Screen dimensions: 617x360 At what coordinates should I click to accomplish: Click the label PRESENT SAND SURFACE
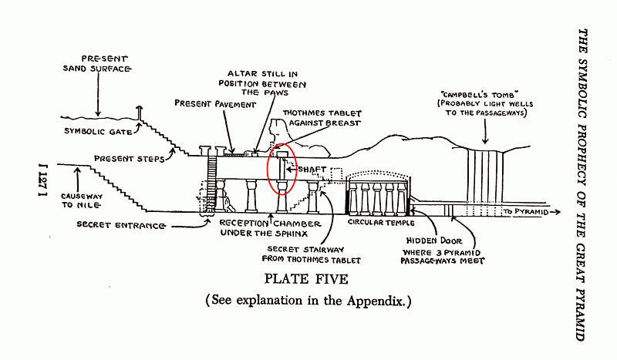click(x=97, y=64)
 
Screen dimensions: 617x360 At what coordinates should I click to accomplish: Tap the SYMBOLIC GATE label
click(x=98, y=131)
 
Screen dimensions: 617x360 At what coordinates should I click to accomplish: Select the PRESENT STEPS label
click(x=129, y=159)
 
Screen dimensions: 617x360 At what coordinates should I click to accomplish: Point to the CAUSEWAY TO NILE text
click(x=82, y=200)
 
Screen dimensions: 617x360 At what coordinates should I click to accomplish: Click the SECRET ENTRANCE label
click(x=120, y=225)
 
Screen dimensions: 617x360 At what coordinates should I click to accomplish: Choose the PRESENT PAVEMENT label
click(x=215, y=104)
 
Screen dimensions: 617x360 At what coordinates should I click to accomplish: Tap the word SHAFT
click(x=312, y=169)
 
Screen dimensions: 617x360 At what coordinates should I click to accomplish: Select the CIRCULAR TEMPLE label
click(x=381, y=223)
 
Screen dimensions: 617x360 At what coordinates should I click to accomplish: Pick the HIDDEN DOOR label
click(x=434, y=241)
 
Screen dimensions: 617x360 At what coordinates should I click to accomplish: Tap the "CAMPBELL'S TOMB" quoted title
click(x=479, y=94)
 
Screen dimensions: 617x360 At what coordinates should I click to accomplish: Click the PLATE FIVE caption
click(x=306, y=279)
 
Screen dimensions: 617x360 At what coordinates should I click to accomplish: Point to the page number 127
click(x=43, y=180)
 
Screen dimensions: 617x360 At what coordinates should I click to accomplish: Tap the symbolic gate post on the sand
click(x=139, y=113)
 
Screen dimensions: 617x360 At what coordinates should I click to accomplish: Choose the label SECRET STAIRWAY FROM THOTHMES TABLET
click(x=312, y=254)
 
